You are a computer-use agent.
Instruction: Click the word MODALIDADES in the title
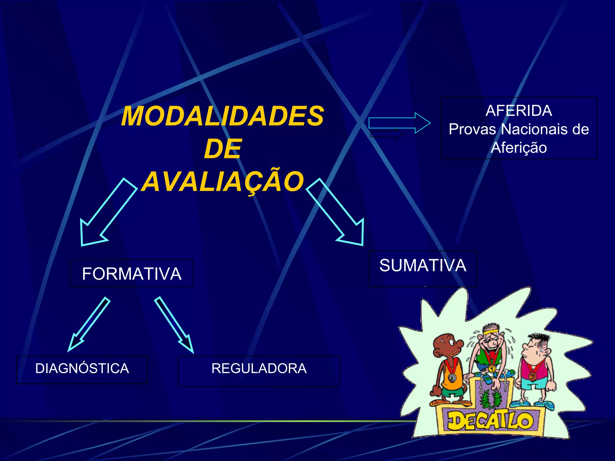[223, 116]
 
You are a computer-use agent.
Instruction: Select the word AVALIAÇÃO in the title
[223, 181]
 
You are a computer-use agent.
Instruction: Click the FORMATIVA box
[132, 273]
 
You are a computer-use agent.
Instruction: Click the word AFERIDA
[519, 111]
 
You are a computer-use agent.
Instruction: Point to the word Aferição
[519, 148]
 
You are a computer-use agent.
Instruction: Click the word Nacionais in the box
[533, 129]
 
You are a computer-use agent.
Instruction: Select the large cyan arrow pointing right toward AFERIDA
[399, 123]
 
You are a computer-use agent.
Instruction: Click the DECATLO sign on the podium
[490, 420]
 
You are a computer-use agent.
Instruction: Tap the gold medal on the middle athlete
[492, 368]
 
